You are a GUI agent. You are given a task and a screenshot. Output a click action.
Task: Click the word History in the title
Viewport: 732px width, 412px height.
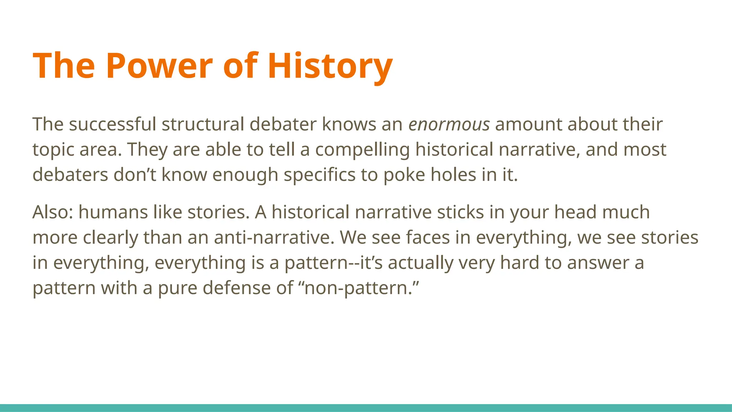[330, 66]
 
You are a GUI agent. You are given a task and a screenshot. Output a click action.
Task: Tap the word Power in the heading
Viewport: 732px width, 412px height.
[159, 66]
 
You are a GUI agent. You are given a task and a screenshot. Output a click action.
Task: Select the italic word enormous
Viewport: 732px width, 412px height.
[449, 124]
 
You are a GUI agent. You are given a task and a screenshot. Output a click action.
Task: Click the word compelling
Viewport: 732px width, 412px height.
[362, 149]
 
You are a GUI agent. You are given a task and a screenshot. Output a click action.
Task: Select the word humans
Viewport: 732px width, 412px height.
[113, 212]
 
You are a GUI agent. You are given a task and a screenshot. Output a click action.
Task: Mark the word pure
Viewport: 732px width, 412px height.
[177, 288]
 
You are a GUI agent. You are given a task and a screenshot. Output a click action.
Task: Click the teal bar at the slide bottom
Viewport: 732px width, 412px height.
[366, 408]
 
